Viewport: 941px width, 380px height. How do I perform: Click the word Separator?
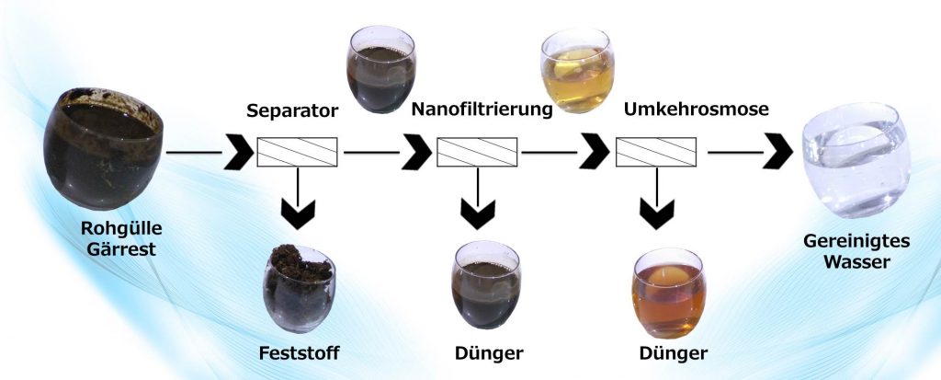point(292,111)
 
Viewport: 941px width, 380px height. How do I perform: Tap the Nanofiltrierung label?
point(482,110)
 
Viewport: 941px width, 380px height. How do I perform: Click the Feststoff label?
point(299,353)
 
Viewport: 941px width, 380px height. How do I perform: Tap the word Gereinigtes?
point(856,242)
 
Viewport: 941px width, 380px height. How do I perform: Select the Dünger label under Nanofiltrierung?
point(489,353)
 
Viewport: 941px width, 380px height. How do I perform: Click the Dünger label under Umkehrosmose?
point(674,353)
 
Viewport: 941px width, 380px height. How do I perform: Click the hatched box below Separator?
point(297,152)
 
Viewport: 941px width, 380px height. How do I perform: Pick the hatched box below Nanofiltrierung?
point(477,152)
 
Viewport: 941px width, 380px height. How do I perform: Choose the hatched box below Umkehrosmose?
point(656,152)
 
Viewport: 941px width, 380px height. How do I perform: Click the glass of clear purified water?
point(856,160)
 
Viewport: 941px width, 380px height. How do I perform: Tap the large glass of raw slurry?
point(103,148)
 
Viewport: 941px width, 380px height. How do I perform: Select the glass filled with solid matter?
point(299,288)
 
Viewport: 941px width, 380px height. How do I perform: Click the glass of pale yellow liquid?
point(577,70)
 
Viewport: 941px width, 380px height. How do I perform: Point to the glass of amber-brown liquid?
point(669,293)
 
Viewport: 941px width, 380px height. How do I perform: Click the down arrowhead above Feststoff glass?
point(298,214)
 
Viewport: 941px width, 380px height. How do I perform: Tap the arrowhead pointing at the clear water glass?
point(777,153)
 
